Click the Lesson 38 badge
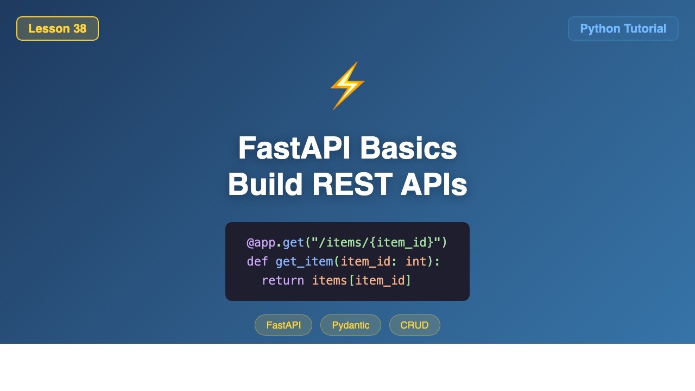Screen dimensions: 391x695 pyautogui.click(x=57, y=29)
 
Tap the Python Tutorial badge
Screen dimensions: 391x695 pyautogui.click(x=623, y=29)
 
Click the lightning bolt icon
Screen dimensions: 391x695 pyautogui.click(x=347, y=85)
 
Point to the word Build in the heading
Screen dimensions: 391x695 pyautogui.click(x=265, y=185)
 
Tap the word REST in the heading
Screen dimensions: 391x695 pyautogui.click(x=352, y=185)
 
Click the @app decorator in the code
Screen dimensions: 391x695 pyautogui.click(x=261, y=242)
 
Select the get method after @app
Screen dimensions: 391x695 pyautogui.click(x=293, y=242)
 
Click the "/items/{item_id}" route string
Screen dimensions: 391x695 pyautogui.click(x=376, y=242)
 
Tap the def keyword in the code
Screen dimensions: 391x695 pyautogui.click(x=257, y=262)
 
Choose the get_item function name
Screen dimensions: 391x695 pyautogui.click(x=304, y=262)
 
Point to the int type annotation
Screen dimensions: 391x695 pyautogui.click(x=416, y=262)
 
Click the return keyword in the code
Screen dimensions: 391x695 pyautogui.click(x=282, y=281)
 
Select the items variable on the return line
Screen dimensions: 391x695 pyautogui.click(x=329, y=281)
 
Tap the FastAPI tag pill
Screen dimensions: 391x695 pyautogui.click(x=283, y=325)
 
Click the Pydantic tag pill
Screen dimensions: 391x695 pyautogui.click(x=351, y=325)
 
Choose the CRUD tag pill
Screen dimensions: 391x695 pyautogui.click(x=414, y=325)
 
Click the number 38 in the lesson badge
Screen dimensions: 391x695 pyautogui.click(x=79, y=29)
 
